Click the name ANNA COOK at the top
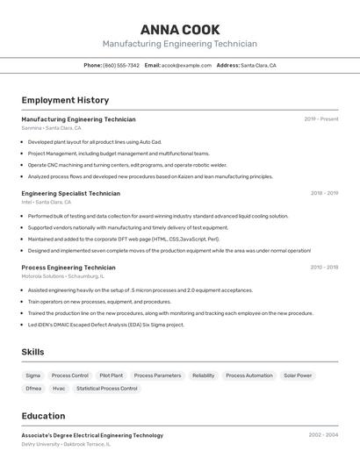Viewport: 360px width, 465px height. pos(180,30)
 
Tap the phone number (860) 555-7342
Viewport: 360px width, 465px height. pos(121,65)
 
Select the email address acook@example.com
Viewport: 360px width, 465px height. pos(187,65)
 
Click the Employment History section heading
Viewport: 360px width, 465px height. pos(65,100)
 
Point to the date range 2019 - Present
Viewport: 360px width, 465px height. pos(321,119)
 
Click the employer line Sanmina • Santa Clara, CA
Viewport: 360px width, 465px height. pos(51,128)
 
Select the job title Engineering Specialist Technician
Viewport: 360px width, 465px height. pos(70,193)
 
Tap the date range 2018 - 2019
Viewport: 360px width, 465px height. pos(324,193)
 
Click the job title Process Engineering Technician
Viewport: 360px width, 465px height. pos(68,268)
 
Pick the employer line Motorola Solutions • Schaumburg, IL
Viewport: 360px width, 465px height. pos(62,276)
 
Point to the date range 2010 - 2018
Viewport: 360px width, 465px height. pos(324,268)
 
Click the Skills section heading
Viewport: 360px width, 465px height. pos(32,352)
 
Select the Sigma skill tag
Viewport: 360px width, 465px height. pos(32,376)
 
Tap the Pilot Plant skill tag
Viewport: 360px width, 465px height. pos(111,376)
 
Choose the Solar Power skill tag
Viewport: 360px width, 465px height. pos(298,376)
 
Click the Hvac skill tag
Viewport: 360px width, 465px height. pos(59,388)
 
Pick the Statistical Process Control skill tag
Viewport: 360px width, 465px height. pos(107,388)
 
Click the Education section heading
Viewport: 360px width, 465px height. pos(43,416)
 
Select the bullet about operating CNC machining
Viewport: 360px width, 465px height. pos(127,165)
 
